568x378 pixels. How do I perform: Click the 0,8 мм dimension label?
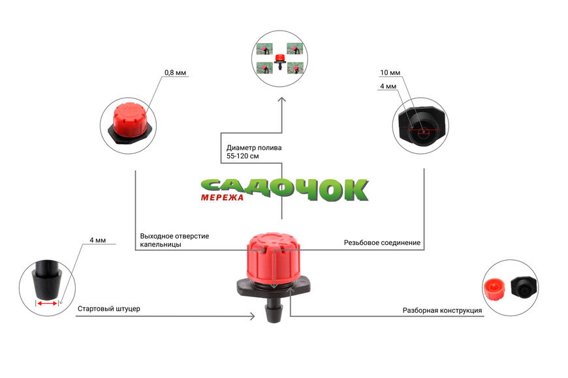[x=176, y=73]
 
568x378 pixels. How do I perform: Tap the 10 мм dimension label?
[x=390, y=73]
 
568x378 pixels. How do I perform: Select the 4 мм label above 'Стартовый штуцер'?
[x=98, y=240]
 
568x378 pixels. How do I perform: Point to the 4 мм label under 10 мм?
[x=388, y=87]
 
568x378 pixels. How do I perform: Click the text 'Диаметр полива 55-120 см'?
[x=254, y=152]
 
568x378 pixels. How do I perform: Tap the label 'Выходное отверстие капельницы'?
[x=174, y=240]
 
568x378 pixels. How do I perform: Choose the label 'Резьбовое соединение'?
[x=382, y=242]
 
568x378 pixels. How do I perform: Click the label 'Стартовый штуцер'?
[x=109, y=308]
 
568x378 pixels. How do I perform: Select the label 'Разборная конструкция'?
[x=442, y=310]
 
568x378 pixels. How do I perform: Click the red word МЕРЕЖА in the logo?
[x=222, y=197]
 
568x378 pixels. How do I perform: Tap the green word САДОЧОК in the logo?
[x=285, y=190]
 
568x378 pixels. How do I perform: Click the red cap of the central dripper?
[x=273, y=257]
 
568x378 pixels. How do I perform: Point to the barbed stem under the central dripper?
[x=274, y=310]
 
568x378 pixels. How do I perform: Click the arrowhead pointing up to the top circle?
[x=282, y=100]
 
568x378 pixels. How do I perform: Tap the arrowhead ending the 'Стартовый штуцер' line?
[x=252, y=317]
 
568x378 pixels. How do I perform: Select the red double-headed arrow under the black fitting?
[x=47, y=304]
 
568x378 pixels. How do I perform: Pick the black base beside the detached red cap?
[x=524, y=287]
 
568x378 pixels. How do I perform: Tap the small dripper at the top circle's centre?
[x=279, y=61]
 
